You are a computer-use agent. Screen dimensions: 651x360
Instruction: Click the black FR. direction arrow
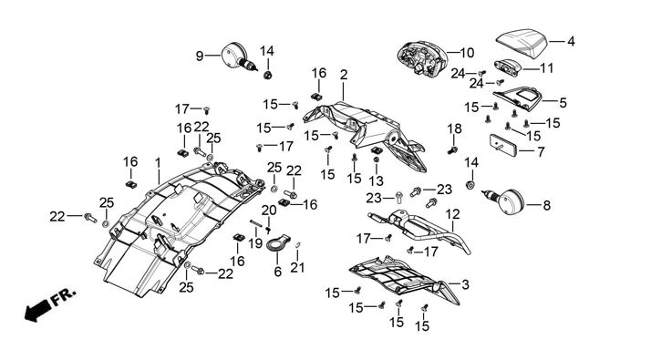coord(36,310)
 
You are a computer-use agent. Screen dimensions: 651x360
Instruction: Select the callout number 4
coord(571,42)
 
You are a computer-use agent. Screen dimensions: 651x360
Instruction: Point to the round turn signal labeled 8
coord(505,201)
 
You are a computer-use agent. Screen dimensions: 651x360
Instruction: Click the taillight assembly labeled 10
coord(421,58)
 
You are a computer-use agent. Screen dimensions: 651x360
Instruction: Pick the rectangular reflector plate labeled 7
coord(502,145)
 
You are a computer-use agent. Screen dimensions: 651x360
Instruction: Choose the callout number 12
coord(453,215)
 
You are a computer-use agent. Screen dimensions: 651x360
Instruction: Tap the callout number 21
coord(297,267)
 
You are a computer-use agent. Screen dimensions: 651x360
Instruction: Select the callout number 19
coord(255,243)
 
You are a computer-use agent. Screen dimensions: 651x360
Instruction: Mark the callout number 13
coord(377,180)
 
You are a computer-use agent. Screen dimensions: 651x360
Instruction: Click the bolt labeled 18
coord(452,149)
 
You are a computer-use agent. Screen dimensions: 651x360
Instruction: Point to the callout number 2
coord(344,75)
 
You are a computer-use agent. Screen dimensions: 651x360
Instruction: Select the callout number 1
coord(158,163)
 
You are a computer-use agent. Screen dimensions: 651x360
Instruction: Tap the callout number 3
coord(465,285)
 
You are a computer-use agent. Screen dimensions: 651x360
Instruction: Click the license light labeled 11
coord(507,67)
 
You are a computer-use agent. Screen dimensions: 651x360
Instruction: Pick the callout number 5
coord(563,103)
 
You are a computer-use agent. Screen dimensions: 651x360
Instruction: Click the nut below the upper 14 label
coord(268,75)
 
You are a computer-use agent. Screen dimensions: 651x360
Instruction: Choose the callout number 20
coord(269,211)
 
